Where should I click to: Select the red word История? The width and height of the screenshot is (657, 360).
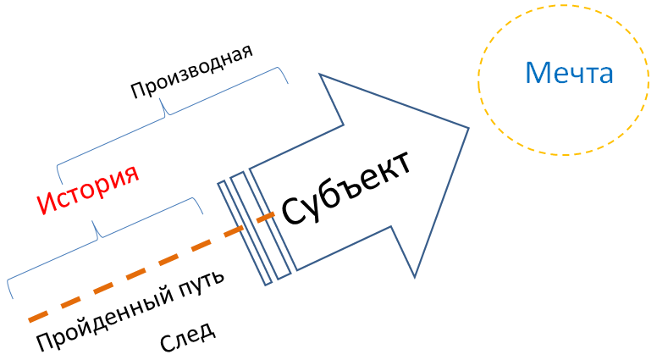click(x=88, y=188)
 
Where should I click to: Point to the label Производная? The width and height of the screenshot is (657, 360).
click(x=191, y=75)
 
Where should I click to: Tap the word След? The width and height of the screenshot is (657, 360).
click(x=187, y=336)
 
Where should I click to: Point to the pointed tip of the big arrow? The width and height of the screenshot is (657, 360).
click(x=468, y=128)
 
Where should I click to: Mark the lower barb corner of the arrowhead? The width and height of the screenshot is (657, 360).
click(x=415, y=276)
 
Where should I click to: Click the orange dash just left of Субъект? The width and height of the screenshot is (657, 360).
click(x=265, y=218)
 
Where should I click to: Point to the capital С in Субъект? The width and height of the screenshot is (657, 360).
click(x=293, y=212)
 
